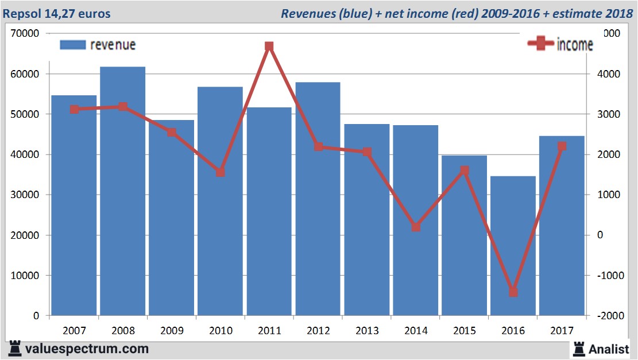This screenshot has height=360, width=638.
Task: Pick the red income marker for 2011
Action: tap(269, 47)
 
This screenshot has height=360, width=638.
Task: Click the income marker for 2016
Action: tap(513, 292)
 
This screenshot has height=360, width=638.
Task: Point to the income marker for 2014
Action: tap(416, 227)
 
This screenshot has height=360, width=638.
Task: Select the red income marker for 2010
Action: tap(221, 172)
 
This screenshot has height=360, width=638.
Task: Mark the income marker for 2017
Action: tap(562, 146)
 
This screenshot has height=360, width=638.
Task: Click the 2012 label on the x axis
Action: tap(318, 331)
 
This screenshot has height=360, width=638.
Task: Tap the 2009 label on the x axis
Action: tap(172, 331)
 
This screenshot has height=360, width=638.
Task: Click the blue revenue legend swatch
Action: tap(72, 45)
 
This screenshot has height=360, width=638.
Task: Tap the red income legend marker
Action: tap(540, 44)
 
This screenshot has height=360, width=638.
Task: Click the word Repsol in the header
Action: tap(21, 13)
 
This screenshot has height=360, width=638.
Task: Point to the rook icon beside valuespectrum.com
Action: tap(14, 348)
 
